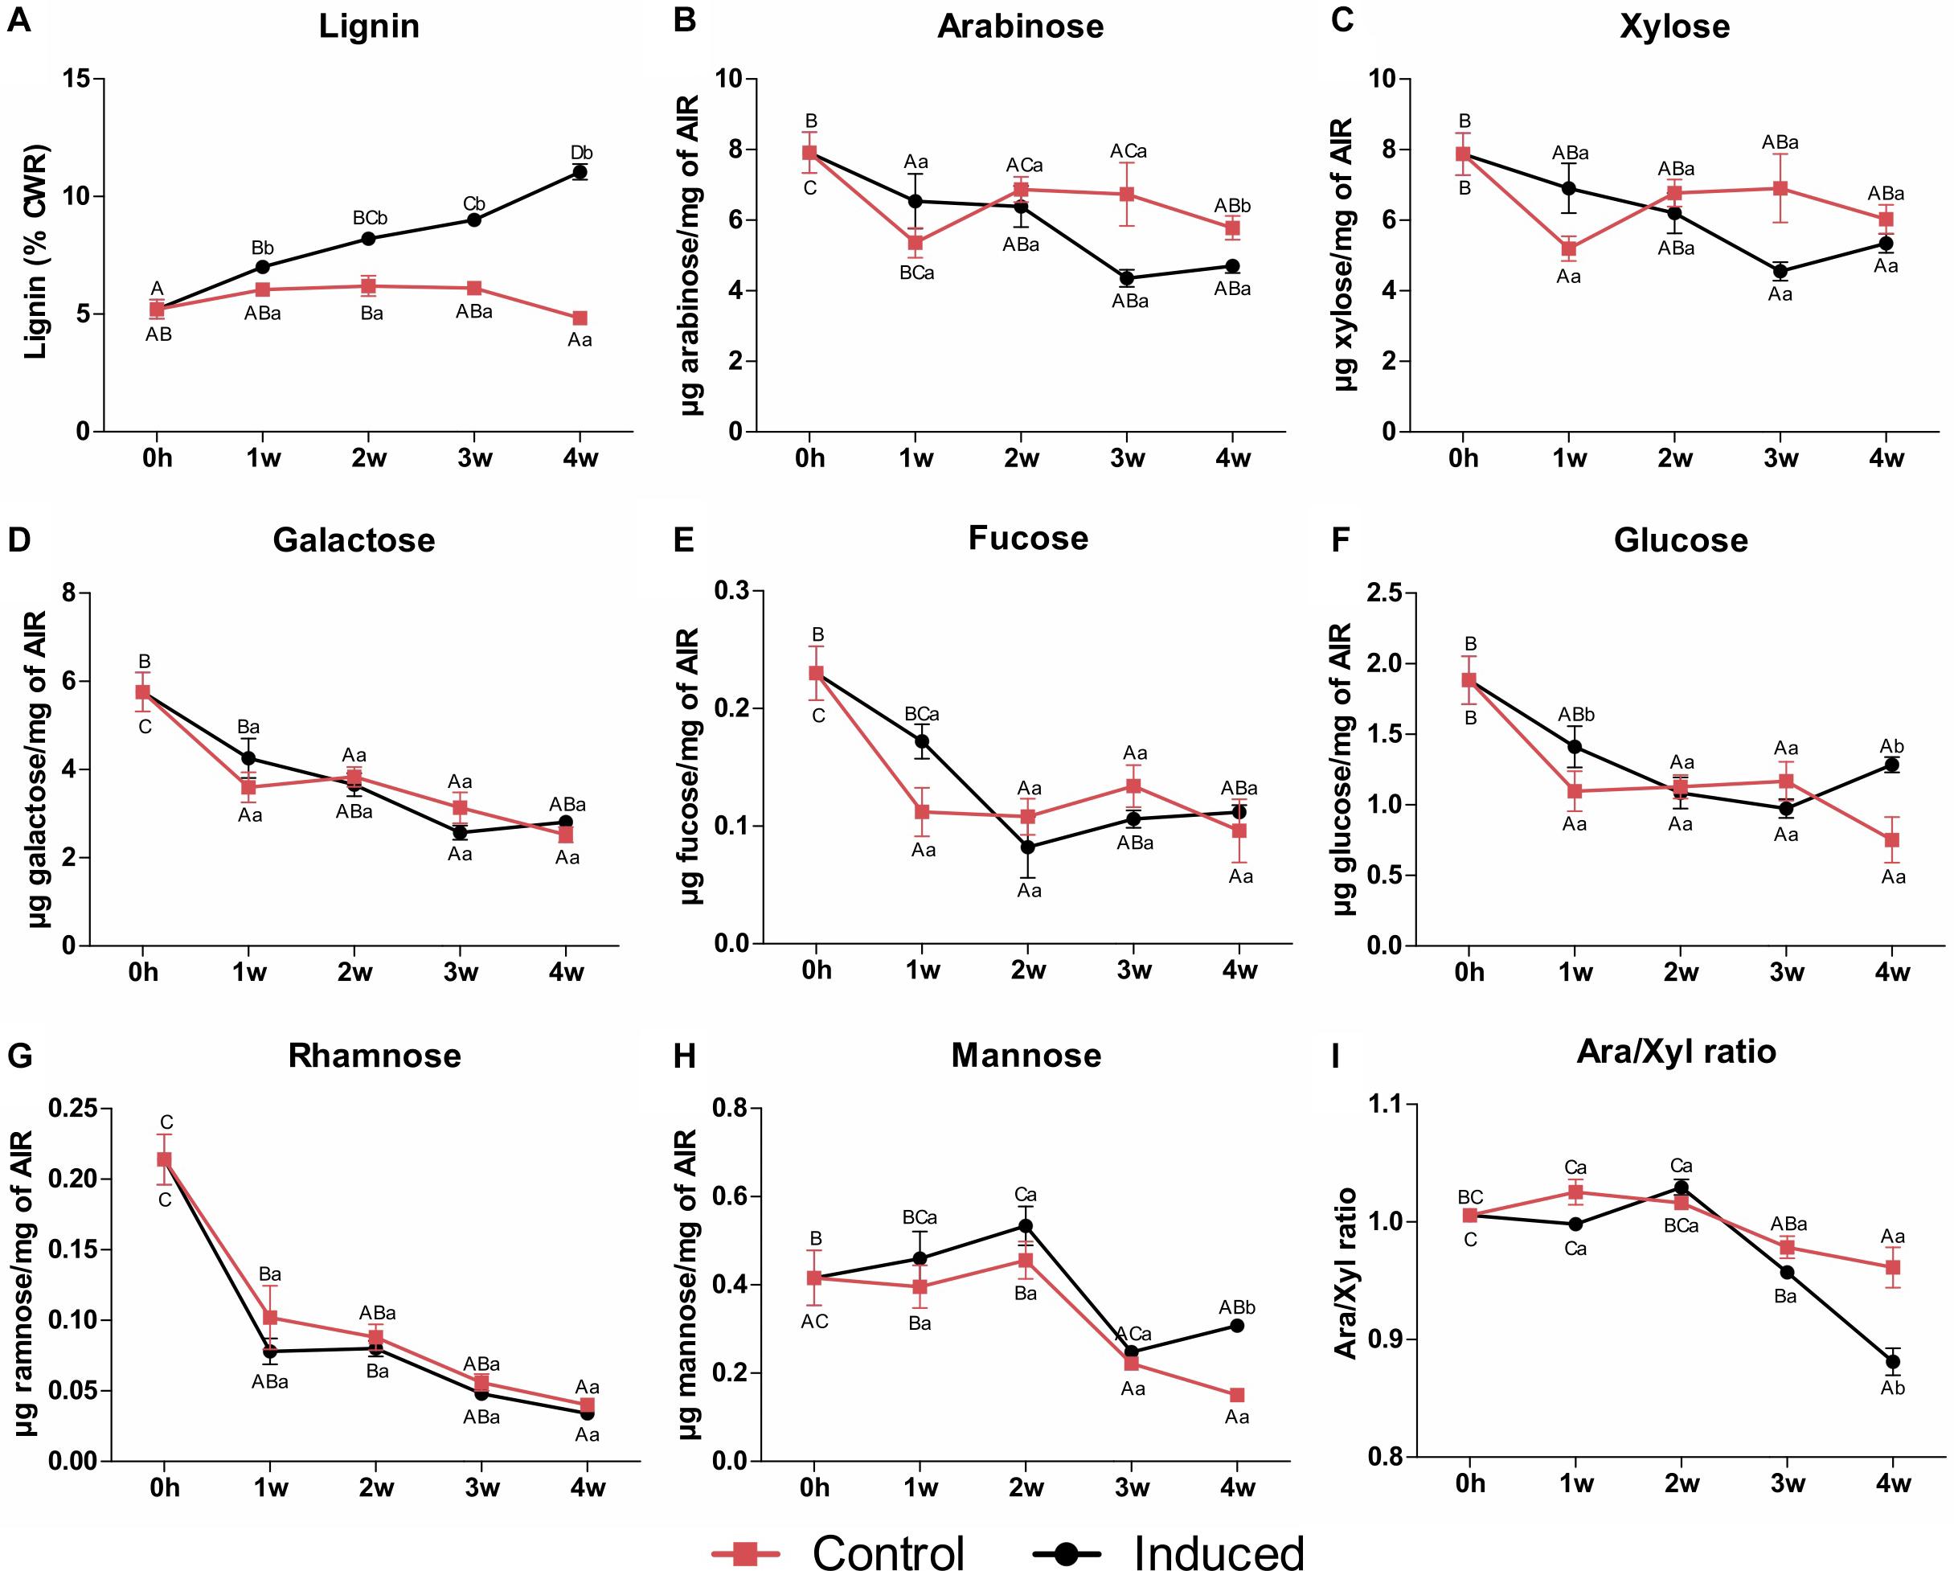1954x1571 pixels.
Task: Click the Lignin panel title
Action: tap(369, 26)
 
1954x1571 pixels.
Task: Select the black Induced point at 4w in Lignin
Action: tap(580, 172)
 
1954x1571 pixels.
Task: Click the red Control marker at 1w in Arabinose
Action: tap(916, 243)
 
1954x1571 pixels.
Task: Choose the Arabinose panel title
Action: tap(1021, 26)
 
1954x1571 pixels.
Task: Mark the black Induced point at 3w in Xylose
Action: tap(1780, 271)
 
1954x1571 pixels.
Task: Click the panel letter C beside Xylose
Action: tap(1342, 20)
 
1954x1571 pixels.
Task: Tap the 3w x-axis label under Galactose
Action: tap(461, 973)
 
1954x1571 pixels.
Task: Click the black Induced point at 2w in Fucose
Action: tap(1028, 847)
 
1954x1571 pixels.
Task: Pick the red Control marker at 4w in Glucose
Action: tap(1891, 839)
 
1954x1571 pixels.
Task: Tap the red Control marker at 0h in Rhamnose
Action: tap(164, 1159)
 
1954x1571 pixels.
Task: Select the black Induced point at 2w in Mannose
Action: tap(1026, 1225)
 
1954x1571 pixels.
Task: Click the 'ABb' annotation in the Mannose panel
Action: tap(1236, 1307)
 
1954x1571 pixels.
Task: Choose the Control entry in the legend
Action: tap(843, 1552)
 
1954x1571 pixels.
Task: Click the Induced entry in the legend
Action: tap(1170, 1552)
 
